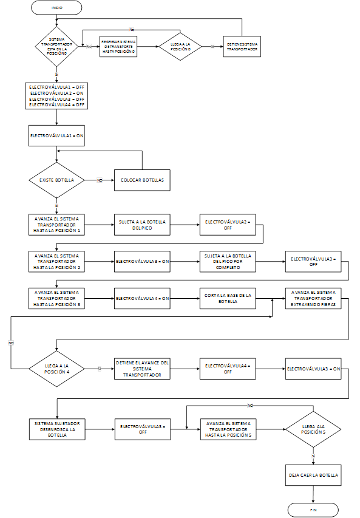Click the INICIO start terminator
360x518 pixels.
pos(56,8)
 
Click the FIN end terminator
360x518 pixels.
pos(313,509)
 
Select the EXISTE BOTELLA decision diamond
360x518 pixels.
pos(56,180)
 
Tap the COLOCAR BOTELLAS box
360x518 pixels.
pos(141,180)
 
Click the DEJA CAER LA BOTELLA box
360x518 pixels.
pos(313,474)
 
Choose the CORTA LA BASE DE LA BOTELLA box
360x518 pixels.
pos(227,297)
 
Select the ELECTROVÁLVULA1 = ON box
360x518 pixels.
pos(56,137)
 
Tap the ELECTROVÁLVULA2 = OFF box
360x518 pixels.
pos(227,225)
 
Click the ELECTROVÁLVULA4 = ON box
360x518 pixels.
pos(141,297)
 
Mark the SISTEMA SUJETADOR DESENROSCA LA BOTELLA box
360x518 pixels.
pos(56,429)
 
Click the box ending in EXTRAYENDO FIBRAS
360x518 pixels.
pos(313,297)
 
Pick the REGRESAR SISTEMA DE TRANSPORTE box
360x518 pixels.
pos(119,47)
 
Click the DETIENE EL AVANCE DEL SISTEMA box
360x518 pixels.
pos(141,369)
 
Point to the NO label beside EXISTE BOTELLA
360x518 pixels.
pos(100,180)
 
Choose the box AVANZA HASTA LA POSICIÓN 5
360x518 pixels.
pos(227,429)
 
